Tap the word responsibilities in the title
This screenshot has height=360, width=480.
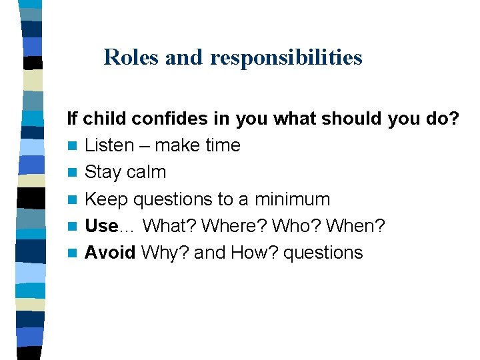click(286, 58)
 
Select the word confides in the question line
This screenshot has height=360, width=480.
click(169, 119)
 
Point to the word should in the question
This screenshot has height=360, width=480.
click(352, 119)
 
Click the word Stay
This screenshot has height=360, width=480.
click(103, 172)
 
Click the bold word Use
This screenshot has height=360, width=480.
click(101, 226)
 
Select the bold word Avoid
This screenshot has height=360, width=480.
click(111, 253)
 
